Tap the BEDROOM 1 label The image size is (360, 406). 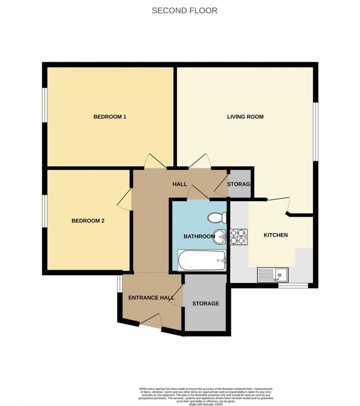pyautogui.click(x=110, y=117)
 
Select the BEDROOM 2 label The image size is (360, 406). pyautogui.click(x=88, y=221)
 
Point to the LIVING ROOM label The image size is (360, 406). pyautogui.click(x=245, y=117)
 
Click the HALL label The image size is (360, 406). pyautogui.click(x=179, y=184)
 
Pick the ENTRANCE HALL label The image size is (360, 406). pyautogui.click(x=151, y=297)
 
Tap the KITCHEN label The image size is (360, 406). pyautogui.click(x=276, y=235)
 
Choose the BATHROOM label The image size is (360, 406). pyautogui.click(x=199, y=236)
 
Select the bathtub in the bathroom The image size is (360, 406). pyautogui.click(x=201, y=261)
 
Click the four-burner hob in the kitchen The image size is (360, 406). pyautogui.click(x=239, y=236)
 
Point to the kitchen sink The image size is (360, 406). pyautogui.click(x=274, y=274)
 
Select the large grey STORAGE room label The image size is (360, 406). pyautogui.click(x=205, y=304)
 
